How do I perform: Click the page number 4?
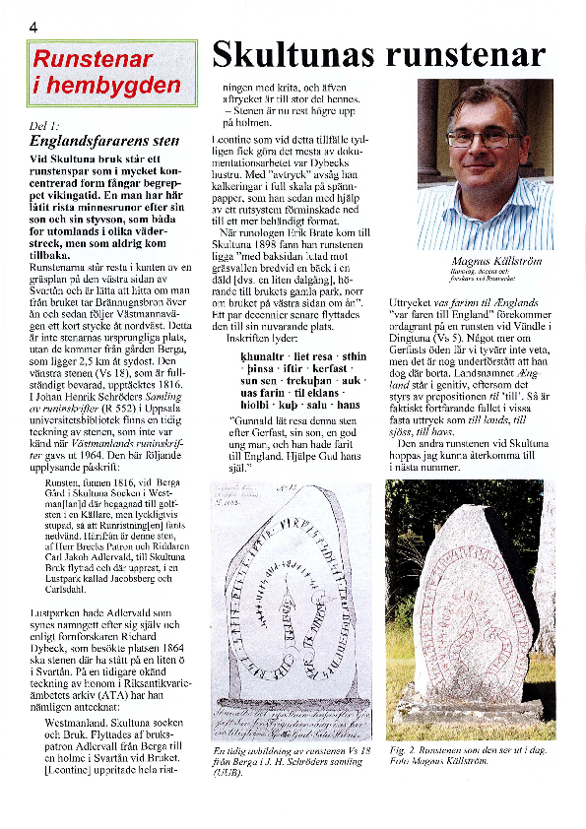pyautogui.click(x=33, y=27)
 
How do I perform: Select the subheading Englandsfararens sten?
pyautogui.click(x=104, y=140)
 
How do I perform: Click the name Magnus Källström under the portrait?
pyautogui.click(x=483, y=261)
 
